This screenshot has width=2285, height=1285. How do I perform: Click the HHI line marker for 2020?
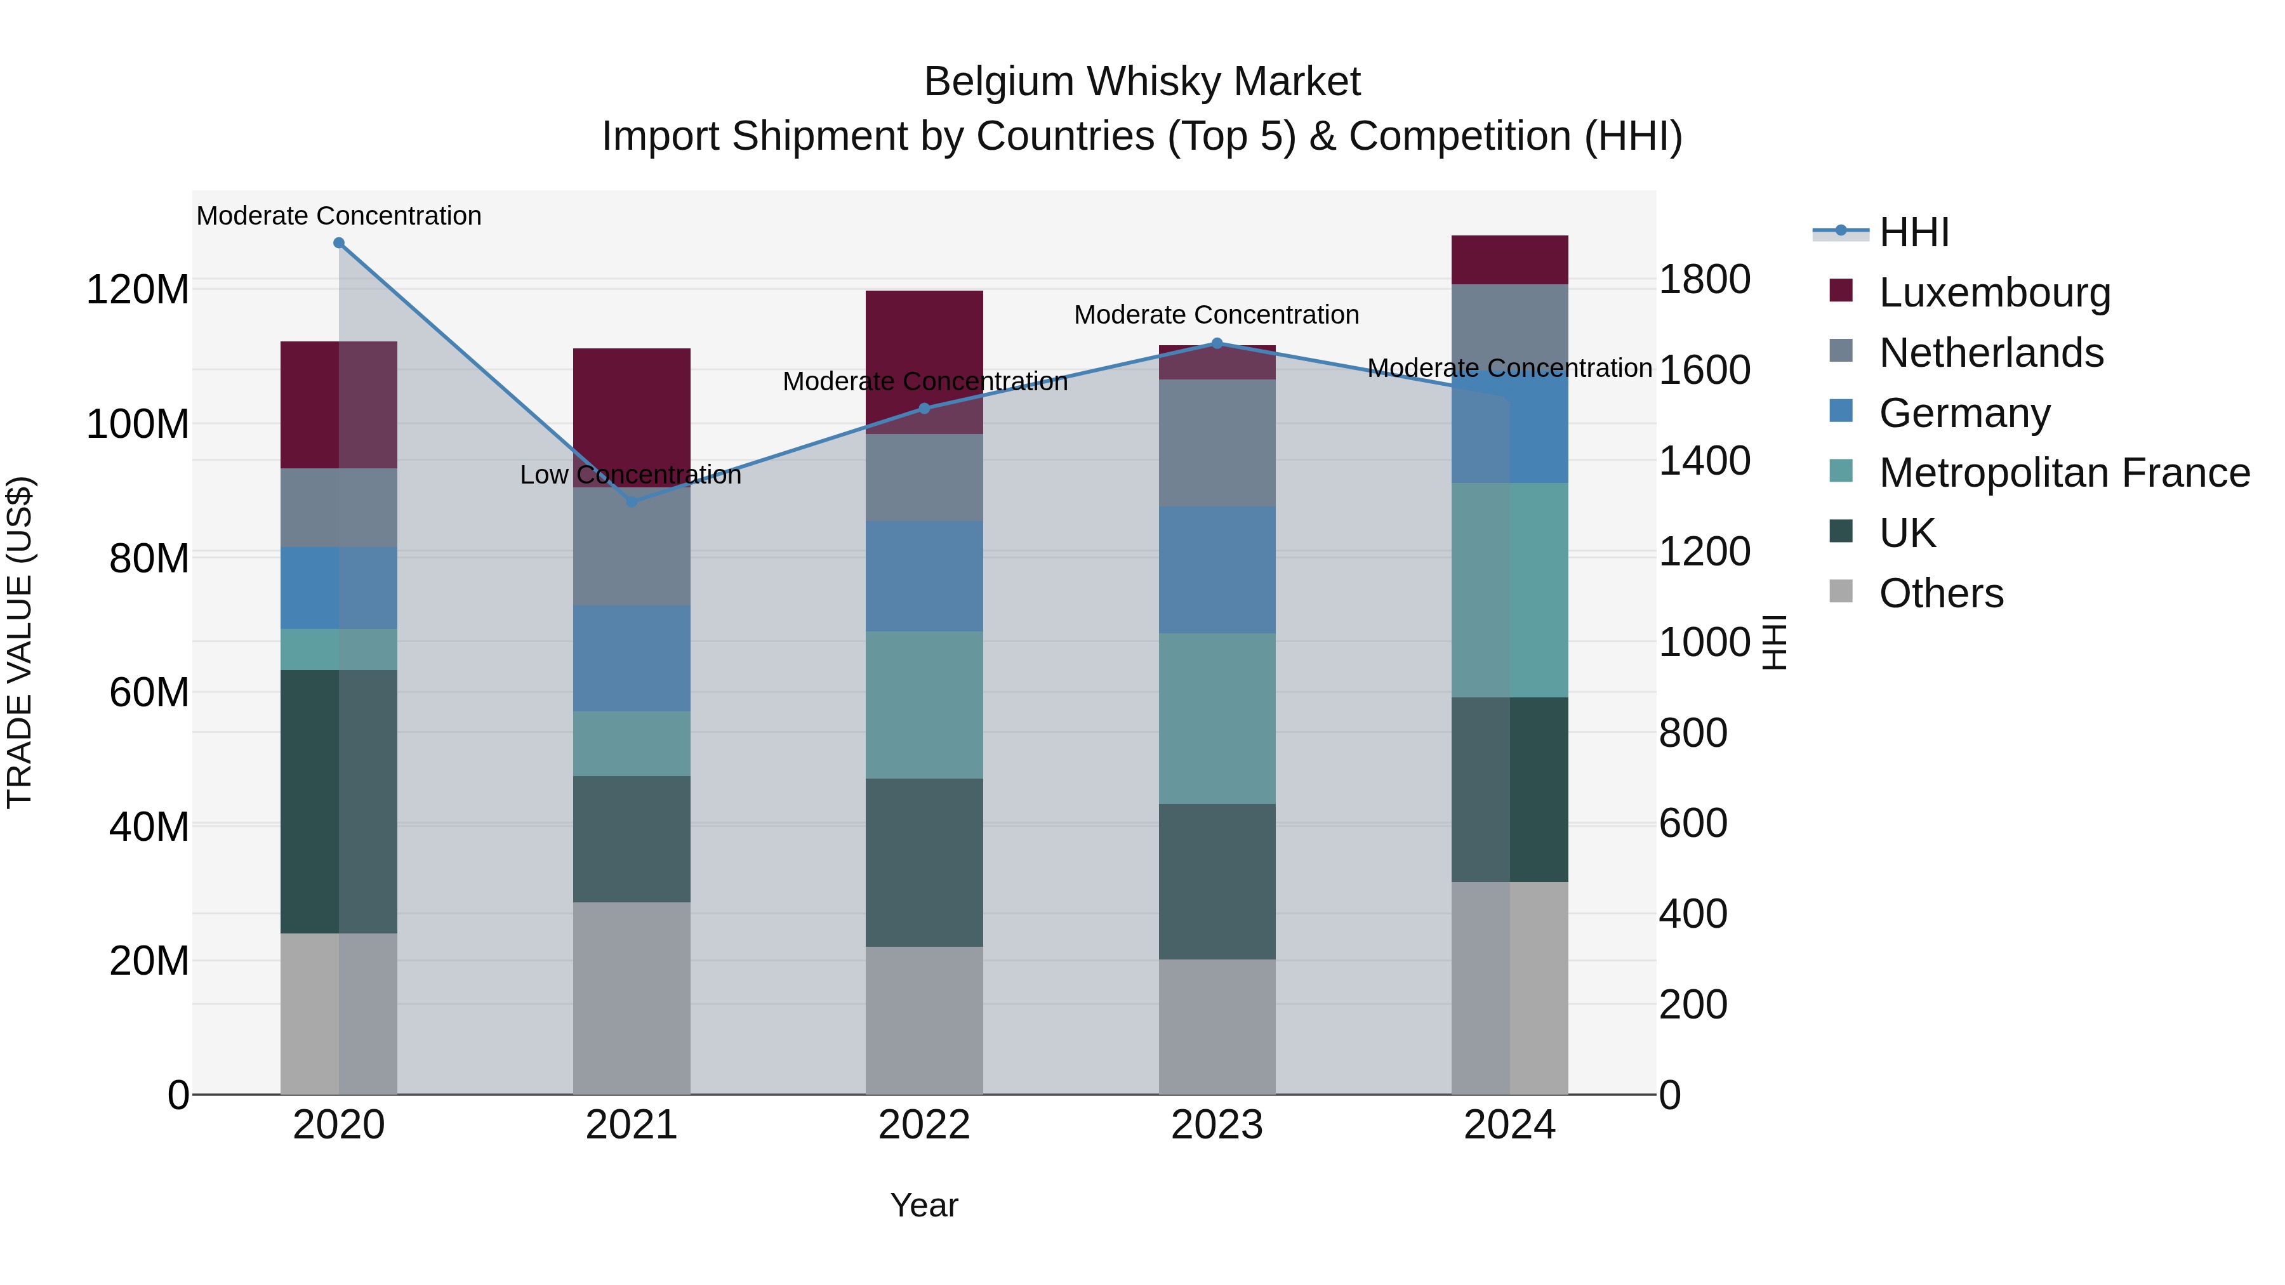339,243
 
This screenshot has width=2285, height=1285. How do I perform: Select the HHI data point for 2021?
632,502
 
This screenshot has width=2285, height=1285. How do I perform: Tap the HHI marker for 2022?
924,409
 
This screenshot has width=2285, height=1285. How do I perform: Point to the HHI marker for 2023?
1217,343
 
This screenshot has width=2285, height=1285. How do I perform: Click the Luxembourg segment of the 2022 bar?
924,362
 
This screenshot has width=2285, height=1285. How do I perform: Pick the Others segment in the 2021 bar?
632,998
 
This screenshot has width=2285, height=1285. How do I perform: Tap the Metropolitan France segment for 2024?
1510,590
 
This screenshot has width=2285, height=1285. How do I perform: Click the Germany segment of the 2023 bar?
1217,569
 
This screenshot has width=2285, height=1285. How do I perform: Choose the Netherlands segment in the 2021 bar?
632,546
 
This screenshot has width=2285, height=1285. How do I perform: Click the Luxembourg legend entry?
1994,293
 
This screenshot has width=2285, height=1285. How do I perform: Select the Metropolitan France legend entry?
2063,473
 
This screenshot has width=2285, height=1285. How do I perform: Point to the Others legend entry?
1941,593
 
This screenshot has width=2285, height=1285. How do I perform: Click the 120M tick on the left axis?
138,289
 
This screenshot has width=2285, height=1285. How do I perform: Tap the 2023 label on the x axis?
1217,1125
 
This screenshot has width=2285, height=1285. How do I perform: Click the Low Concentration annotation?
631,475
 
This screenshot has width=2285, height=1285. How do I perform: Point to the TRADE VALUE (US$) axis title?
20,642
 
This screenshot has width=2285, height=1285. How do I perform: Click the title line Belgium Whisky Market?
1142,82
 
